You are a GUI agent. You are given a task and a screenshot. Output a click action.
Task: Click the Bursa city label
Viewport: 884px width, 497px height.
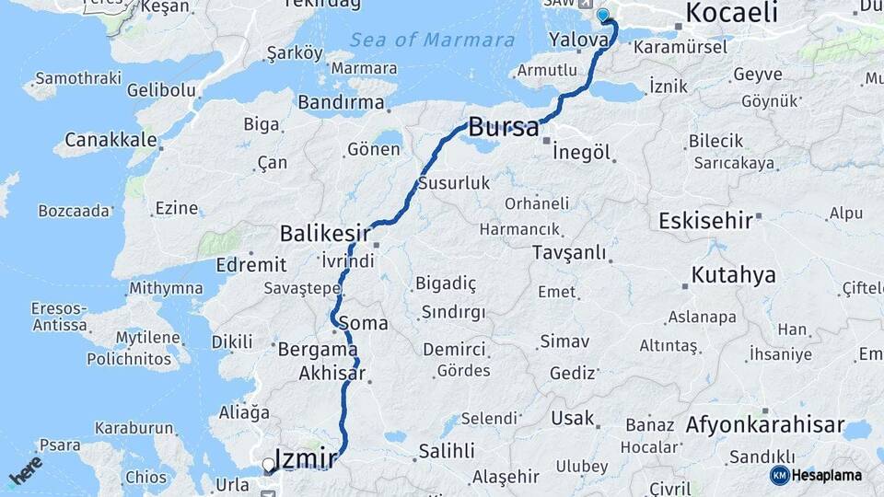[x=504, y=127]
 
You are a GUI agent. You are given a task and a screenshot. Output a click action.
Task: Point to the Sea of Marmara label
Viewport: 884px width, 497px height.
[x=432, y=40]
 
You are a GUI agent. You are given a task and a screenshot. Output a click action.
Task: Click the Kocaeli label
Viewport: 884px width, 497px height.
[x=732, y=13]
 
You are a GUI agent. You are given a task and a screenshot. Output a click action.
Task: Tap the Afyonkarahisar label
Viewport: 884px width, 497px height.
[x=764, y=425]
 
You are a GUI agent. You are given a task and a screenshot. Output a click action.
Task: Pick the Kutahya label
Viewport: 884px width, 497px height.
[x=733, y=274]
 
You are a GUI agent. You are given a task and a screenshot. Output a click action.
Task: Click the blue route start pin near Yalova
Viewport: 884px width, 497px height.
[x=603, y=15]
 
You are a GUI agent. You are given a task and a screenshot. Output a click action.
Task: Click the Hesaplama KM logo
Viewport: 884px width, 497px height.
[x=817, y=475]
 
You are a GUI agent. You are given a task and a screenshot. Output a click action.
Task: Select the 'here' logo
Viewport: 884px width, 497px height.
[x=26, y=469]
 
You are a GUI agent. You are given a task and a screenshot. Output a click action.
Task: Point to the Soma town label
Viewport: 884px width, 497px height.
[x=363, y=324]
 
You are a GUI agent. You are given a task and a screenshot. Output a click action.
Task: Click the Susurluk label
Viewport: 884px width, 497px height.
[x=454, y=183]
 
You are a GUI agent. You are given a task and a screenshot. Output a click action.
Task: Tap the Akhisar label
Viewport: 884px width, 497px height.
[x=331, y=374]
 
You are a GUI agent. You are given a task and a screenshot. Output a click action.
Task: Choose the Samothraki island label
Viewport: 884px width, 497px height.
[x=78, y=78]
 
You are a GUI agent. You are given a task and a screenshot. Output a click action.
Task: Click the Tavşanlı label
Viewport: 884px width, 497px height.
[x=571, y=251]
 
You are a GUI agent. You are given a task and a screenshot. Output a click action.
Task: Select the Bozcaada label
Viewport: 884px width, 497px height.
[x=74, y=211]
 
